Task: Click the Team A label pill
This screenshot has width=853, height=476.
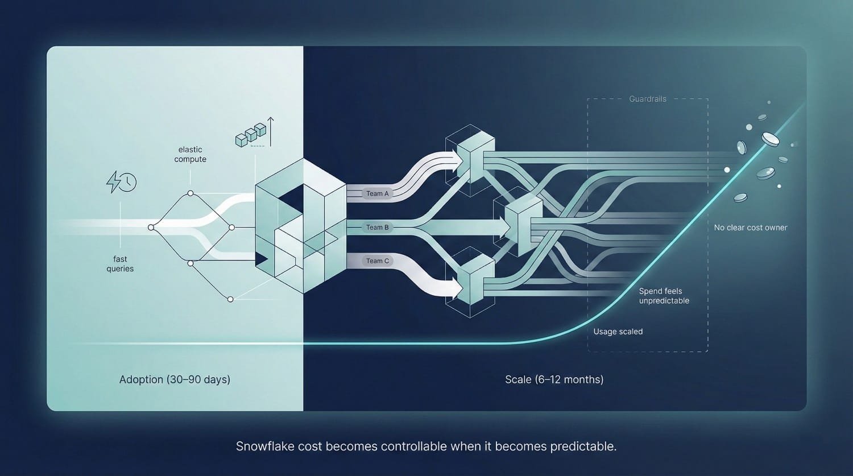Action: pyautogui.click(x=378, y=193)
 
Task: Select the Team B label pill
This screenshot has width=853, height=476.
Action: pyautogui.click(x=378, y=227)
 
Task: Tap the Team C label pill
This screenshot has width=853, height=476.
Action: pyautogui.click(x=378, y=261)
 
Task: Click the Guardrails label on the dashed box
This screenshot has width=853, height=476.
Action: pyautogui.click(x=648, y=99)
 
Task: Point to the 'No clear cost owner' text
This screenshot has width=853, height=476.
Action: pyautogui.click(x=751, y=227)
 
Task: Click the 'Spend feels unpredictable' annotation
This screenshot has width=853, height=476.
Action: pyautogui.click(x=664, y=296)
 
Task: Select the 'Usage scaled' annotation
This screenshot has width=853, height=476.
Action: pyautogui.click(x=618, y=332)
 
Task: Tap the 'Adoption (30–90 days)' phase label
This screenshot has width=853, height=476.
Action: pyautogui.click(x=175, y=380)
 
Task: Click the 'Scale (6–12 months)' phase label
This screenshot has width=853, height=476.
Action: pyautogui.click(x=554, y=380)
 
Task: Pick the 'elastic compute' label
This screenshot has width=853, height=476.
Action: pyautogui.click(x=191, y=154)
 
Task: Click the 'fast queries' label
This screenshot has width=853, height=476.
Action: pyautogui.click(x=120, y=263)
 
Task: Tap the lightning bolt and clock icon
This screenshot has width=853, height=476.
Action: pyautogui.click(x=121, y=182)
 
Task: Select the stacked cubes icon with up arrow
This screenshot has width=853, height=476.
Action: pyautogui.click(x=255, y=132)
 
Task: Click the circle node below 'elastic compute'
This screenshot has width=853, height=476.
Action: pyautogui.click(x=191, y=193)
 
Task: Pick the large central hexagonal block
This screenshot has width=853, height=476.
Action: pyautogui.click(x=301, y=226)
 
